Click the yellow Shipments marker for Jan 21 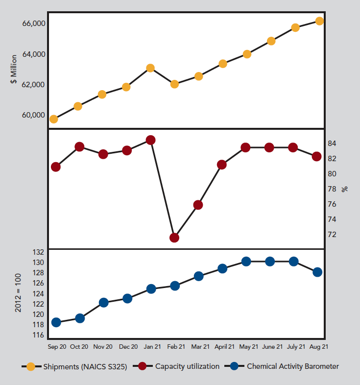(x=150, y=68)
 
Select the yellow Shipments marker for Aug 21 (x=319, y=21)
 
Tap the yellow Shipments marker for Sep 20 (x=54, y=119)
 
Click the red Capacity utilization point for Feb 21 (x=174, y=238)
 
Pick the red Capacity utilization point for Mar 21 (x=198, y=205)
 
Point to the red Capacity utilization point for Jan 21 (x=150, y=140)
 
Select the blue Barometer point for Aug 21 (x=317, y=272)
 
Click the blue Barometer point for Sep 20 (x=56, y=322)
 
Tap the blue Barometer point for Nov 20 (x=103, y=302)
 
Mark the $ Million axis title (x=14, y=69)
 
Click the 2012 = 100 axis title (x=18, y=293)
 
